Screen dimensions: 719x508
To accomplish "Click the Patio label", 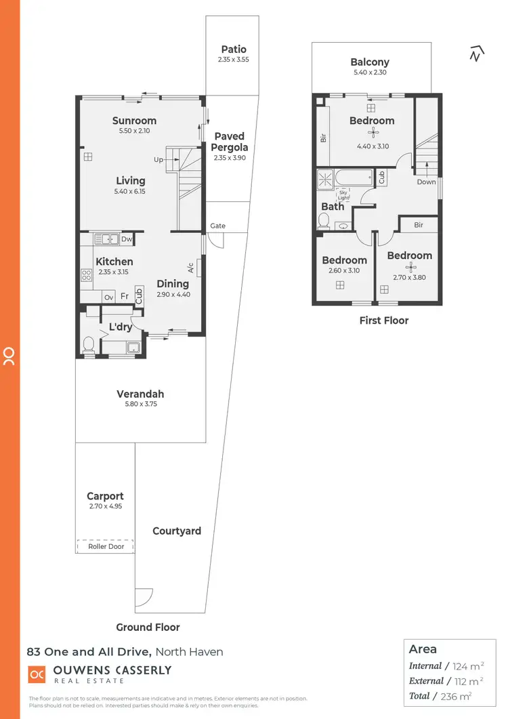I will pyautogui.click(x=234, y=49).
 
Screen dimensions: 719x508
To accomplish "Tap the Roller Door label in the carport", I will pyautogui.click(x=106, y=546).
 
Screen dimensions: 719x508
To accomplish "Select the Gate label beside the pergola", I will pyautogui.click(x=217, y=226).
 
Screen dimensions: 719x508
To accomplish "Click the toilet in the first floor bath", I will pyautogui.click(x=323, y=221).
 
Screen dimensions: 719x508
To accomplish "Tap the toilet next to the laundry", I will pyautogui.click(x=87, y=345).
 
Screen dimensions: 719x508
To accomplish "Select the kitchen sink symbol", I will pyautogui.click(x=106, y=239).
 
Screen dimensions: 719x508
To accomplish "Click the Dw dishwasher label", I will pyautogui.click(x=127, y=239).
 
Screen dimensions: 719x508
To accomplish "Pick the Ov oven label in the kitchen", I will pyautogui.click(x=108, y=297).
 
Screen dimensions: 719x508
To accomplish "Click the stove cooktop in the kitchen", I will pyautogui.click(x=87, y=275).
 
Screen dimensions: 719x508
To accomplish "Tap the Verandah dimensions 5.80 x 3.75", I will pyautogui.click(x=140, y=405).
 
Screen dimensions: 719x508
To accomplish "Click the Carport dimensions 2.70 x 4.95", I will pyautogui.click(x=105, y=506).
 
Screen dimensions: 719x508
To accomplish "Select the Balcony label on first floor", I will pyautogui.click(x=370, y=62).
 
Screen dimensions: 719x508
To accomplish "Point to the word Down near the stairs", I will pyautogui.click(x=427, y=182).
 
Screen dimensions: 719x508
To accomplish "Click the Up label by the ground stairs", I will pyautogui.click(x=158, y=160).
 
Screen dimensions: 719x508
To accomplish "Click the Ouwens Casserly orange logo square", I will pyautogui.click(x=37, y=675).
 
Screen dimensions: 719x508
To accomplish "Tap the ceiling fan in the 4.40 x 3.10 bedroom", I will pyautogui.click(x=371, y=133).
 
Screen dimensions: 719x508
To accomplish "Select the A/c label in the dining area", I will pyautogui.click(x=191, y=267).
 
